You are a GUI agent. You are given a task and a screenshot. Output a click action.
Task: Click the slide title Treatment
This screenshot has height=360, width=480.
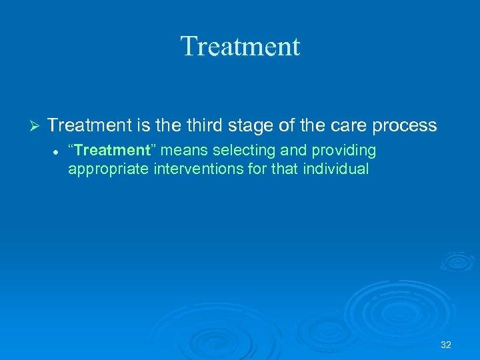pos(240,47)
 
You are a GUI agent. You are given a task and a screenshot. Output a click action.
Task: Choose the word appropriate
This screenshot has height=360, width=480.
pos(108,169)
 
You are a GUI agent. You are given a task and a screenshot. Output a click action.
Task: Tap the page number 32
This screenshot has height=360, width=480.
pos(446,345)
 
